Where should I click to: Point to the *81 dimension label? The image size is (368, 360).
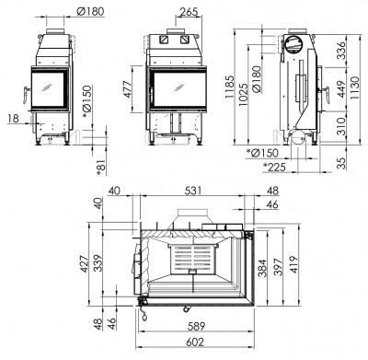101,163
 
